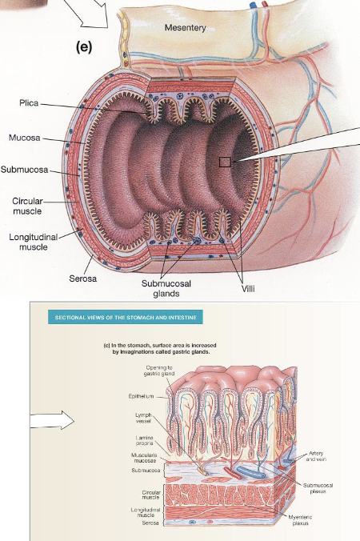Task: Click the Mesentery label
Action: [185, 28]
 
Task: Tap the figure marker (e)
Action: [85, 47]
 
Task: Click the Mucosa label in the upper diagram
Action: [25, 138]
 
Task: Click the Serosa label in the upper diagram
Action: [86, 279]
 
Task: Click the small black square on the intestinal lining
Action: [225, 162]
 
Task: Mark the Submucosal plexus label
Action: [318, 488]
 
